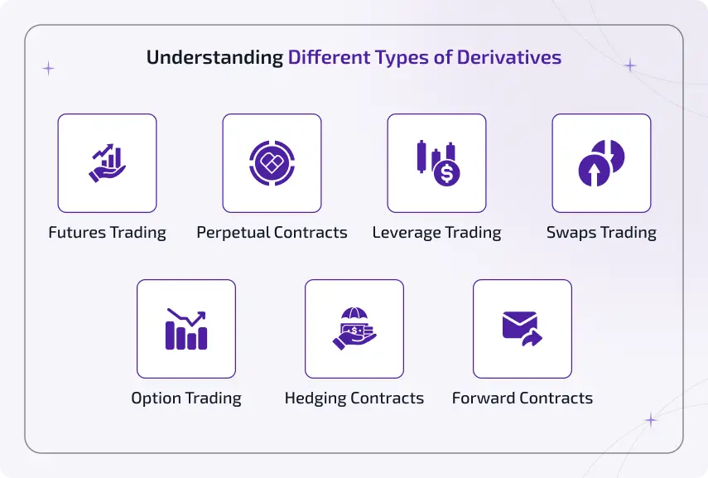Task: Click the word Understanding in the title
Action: [214, 58]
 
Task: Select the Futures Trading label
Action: [107, 233]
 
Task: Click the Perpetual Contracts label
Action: [272, 233]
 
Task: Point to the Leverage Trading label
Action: [436, 233]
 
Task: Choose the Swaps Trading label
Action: [601, 233]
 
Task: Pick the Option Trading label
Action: [186, 398]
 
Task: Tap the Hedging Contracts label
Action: [354, 398]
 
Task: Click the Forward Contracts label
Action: [523, 398]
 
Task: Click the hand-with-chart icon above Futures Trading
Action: [107, 163]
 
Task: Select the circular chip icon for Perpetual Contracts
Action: [272, 163]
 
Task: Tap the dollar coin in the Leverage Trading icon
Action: [448, 174]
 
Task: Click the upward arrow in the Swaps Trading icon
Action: [593, 172]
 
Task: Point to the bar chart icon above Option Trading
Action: [186, 329]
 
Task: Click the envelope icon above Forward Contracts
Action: [520, 326]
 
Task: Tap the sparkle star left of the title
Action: [48, 69]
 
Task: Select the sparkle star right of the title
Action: [630, 65]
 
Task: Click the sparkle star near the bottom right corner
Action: [651, 421]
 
